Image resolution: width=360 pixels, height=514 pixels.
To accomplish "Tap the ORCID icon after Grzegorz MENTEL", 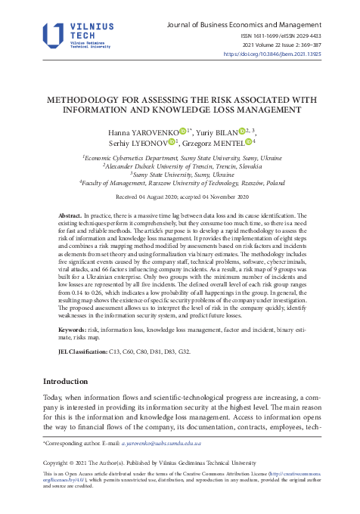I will click(x=247, y=141).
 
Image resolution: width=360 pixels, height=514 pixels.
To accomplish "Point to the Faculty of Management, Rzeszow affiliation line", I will click(x=182, y=183).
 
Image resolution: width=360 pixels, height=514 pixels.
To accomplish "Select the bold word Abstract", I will click(x=70, y=216).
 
